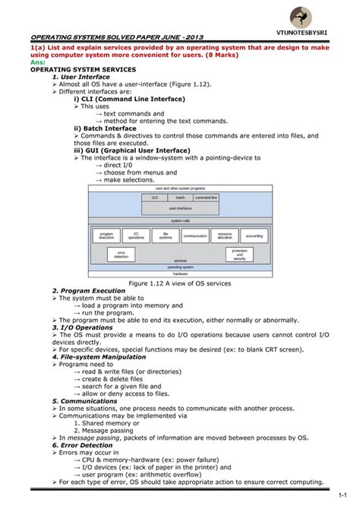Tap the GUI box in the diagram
[154, 196]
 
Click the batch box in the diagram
[180, 196]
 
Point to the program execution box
[106, 236]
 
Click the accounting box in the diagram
[254, 236]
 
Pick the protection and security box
[239, 254]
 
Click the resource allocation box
[225, 236]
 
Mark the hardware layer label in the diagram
[180, 273]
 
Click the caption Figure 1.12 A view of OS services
[180, 283]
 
